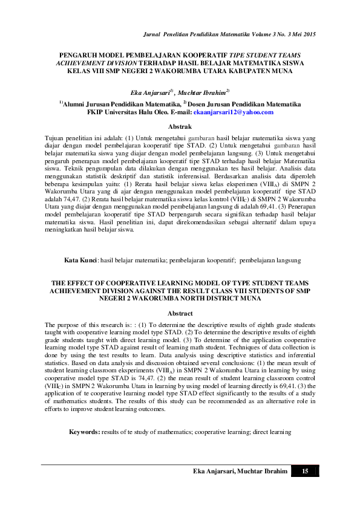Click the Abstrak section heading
pyautogui.click(x=180, y=126)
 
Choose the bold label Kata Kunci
pyautogui.click(x=81, y=259)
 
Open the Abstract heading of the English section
pyautogui.click(x=180, y=313)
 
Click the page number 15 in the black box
pyautogui.click(x=305, y=471)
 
